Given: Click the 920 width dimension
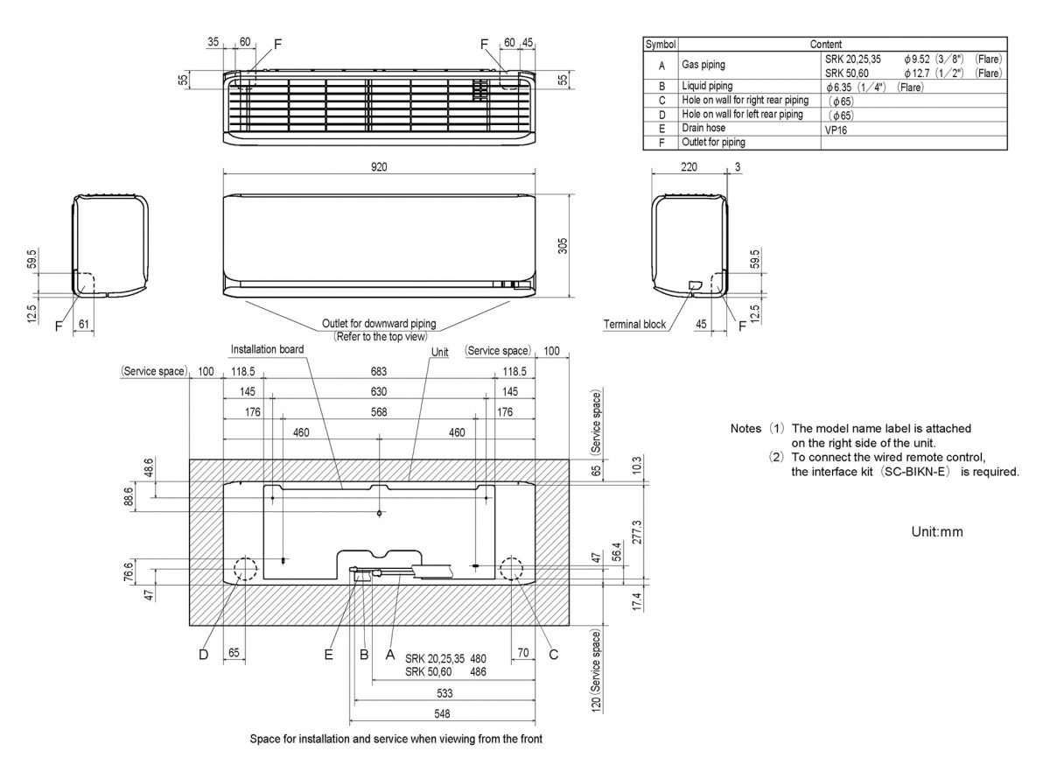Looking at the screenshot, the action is coord(379,166).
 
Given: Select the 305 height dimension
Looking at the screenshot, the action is coord(563,246).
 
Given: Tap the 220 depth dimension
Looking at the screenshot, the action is coord(689,166).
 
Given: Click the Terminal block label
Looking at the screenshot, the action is coord(634,325).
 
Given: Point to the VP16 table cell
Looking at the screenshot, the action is coord(836,130).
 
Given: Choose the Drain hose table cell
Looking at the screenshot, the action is coord(703,128).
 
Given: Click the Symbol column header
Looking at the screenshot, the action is coord(660,44).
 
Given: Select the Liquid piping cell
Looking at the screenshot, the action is coord(707,86).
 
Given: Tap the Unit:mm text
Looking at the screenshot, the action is coord(937,532).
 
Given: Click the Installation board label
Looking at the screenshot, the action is coord(267,349).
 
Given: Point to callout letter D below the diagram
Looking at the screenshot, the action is coord(203,655).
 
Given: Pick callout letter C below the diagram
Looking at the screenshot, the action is coord(553,655).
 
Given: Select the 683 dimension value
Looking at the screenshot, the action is coord(379,372).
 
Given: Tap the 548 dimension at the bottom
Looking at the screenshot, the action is coord(442,713).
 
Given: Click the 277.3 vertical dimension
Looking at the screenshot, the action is coord(637,532).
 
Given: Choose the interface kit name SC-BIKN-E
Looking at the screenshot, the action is coord(915,472).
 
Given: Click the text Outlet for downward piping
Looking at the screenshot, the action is coord(379,324).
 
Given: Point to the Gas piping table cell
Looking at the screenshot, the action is coord(703,65).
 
